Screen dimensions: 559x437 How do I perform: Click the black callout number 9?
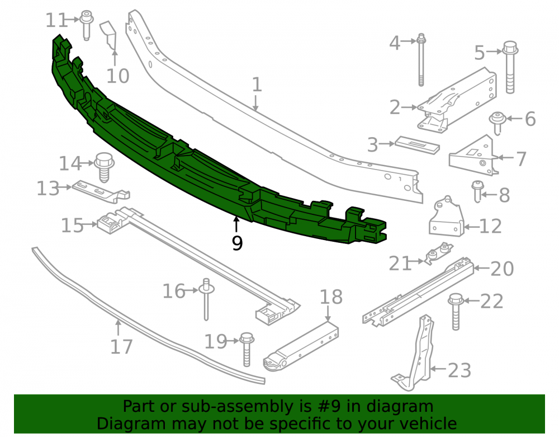tap(237, 243)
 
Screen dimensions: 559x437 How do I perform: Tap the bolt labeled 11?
tap(86, 25)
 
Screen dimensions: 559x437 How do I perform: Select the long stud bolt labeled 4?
tap(421, 60)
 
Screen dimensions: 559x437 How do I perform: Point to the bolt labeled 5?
tap(510, 67)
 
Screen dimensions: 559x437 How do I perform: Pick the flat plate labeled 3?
tap(417, 145)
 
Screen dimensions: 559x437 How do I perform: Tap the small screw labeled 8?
tap(477, 191)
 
